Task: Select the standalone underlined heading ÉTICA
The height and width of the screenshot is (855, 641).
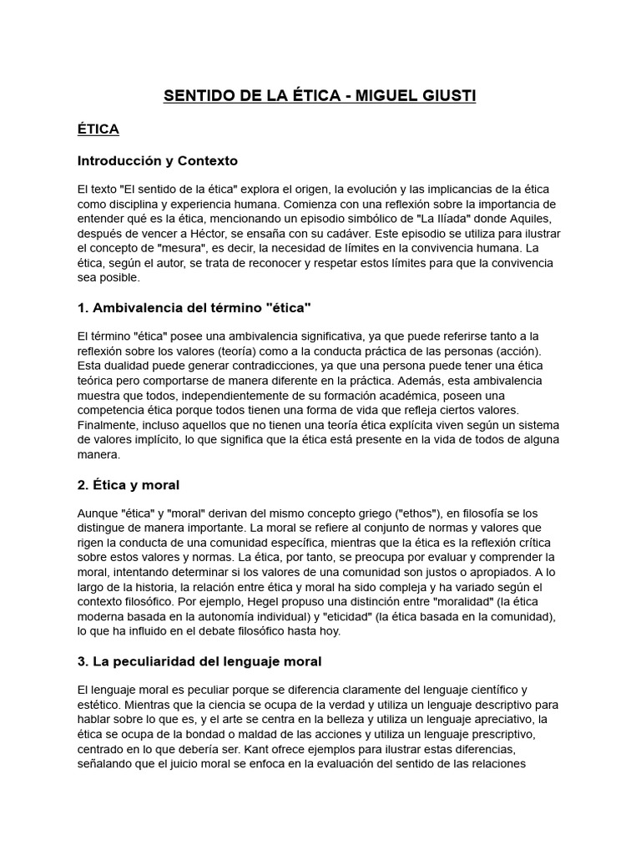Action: click(98, 129)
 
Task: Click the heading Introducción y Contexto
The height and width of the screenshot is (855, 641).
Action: click(158, 160)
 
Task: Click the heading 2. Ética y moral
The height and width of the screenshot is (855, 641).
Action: click(129, 485)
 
